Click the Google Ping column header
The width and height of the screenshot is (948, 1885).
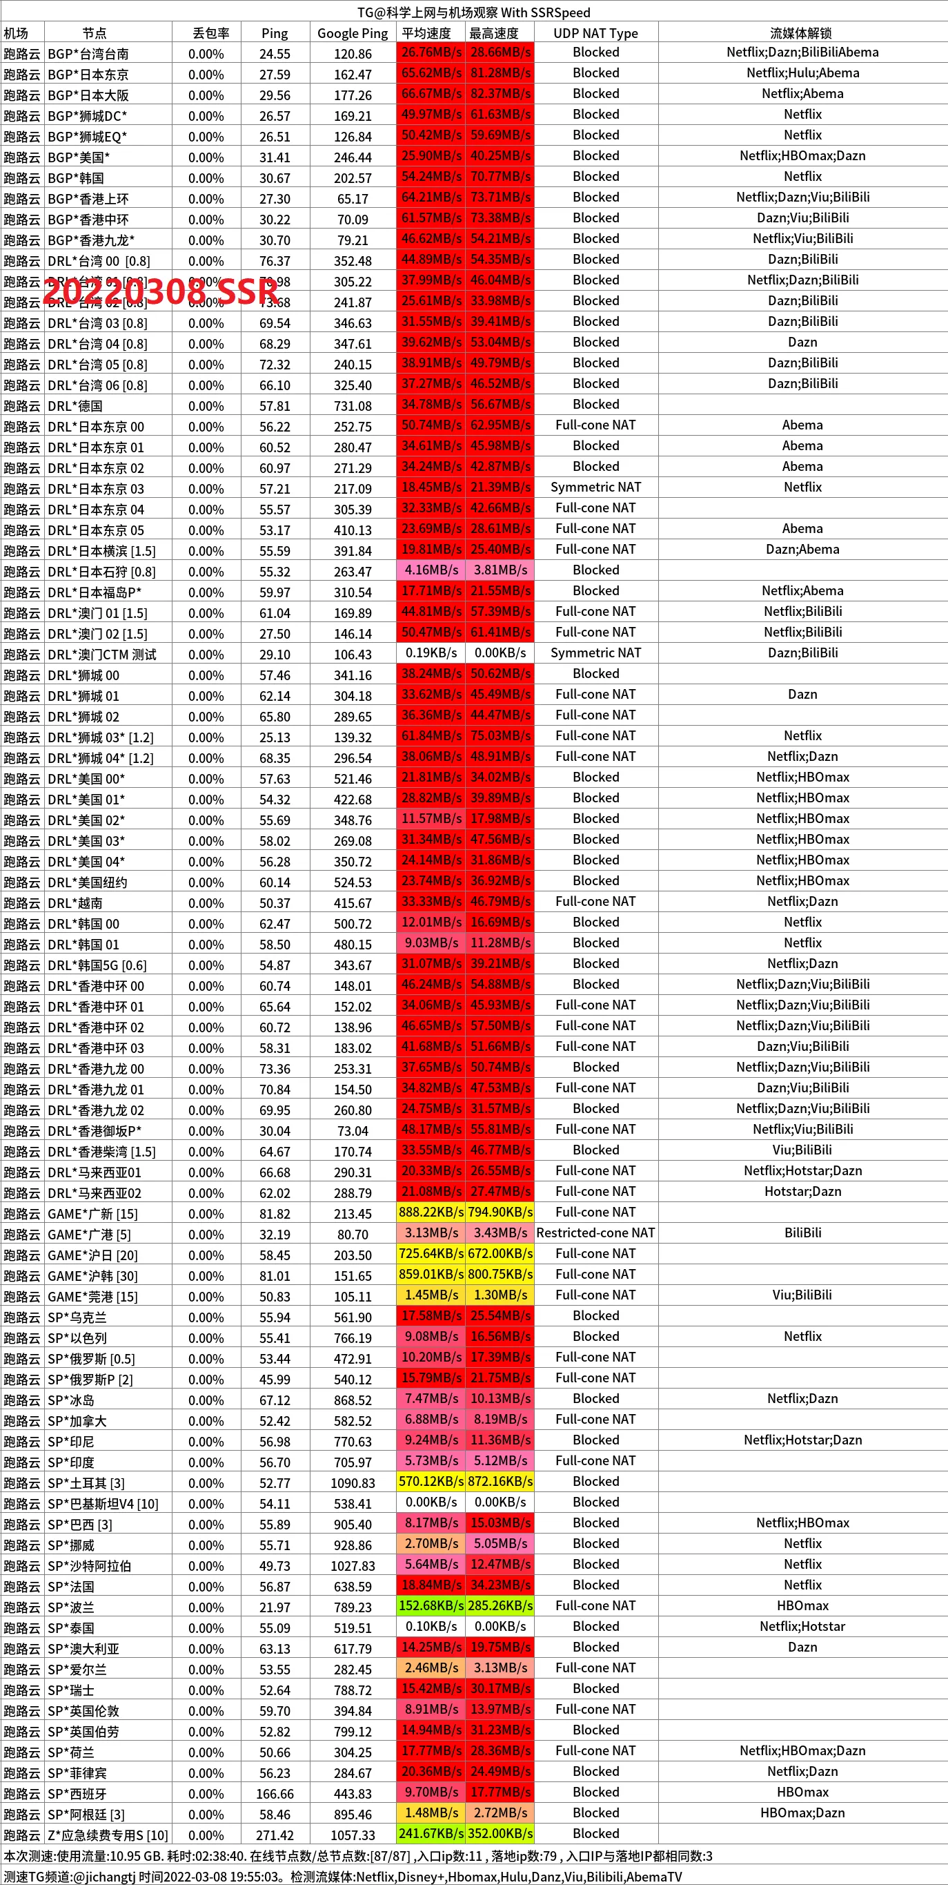click(353, 33)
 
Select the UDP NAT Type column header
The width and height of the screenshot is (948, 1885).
click(595, 33)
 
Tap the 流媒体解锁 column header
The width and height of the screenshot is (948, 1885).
click(802, 33)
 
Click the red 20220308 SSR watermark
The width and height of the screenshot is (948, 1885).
click(161, 291)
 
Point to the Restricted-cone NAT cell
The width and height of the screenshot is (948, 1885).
click(595, 1233)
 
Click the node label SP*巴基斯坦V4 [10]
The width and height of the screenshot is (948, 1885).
click(102, 1504)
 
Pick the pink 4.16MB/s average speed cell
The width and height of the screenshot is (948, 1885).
click(431, 570)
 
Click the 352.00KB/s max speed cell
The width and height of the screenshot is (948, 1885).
click(500, 1834)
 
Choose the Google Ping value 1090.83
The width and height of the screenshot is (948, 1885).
click(353, 1483)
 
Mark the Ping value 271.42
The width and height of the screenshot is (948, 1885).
click(275, 1835)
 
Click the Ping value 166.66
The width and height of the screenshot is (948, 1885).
click(275, 1794)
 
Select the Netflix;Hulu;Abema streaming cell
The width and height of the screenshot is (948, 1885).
click(802, 73)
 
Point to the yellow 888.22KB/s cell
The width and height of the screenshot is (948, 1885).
click(431, 1212)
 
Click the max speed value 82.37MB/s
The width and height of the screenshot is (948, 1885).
click(500, 94)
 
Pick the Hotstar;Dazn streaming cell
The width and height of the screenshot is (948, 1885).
click(802, 1191)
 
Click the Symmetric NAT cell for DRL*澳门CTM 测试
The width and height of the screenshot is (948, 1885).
click(595, 652)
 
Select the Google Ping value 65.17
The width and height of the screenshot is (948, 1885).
click(353, 198)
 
